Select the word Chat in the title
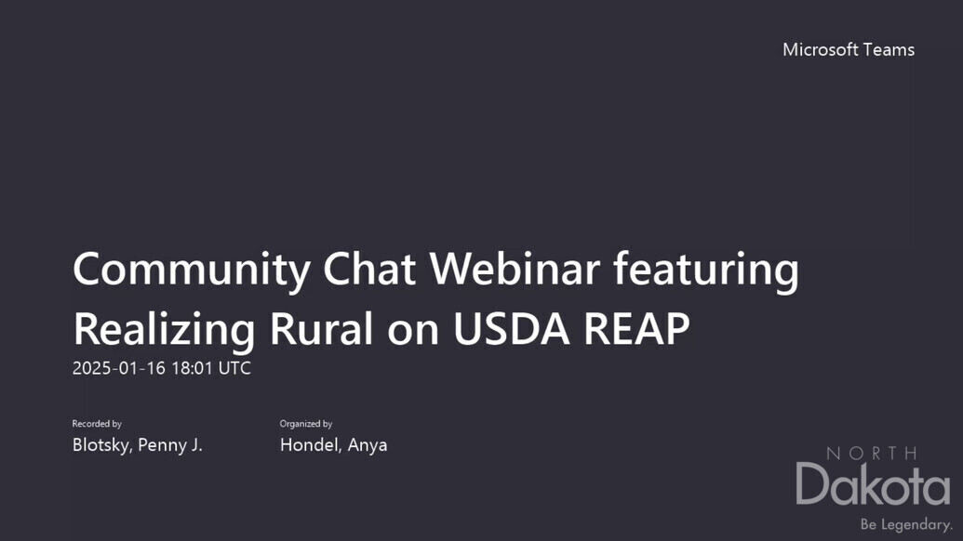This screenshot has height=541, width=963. pyautogui.click(x=369, y=269)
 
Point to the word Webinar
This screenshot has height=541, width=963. pyautogui.click(x=515, y=269)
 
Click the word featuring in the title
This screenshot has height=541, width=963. pyautogui.click(x=706, y=270)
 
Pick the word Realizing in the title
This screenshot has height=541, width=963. pyautogui.click(x=164, y=330)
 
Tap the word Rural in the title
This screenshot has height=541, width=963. pyautogui.click(x=321, y=329)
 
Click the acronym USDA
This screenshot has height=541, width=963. pyautogui.click(x=511, y=329)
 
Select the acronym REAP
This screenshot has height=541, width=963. pyautogui.click(x=636, y=329)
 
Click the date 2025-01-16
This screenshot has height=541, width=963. pyautogui.click(x=119, y=368)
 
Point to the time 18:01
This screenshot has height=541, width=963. pyautogui.click(x=192, y=368)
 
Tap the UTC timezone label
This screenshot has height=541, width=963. pyautogui.click(x=234, y=368)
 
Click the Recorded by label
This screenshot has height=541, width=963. pyautogui.click(x=97, y=424)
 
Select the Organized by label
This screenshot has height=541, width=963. pyautogui.click(x=306, y=424)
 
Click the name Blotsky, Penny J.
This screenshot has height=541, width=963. pyautogui.click(x=138, y=445)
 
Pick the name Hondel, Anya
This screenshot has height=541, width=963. pyautogui.click(x=333, y=445)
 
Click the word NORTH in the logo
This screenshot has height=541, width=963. pyautogui.click(x=872, y=454)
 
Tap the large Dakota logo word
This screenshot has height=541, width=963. pyautogui.click(x=874, y=484)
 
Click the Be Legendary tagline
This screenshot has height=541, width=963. pyautogui.click(x=906, y=524)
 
